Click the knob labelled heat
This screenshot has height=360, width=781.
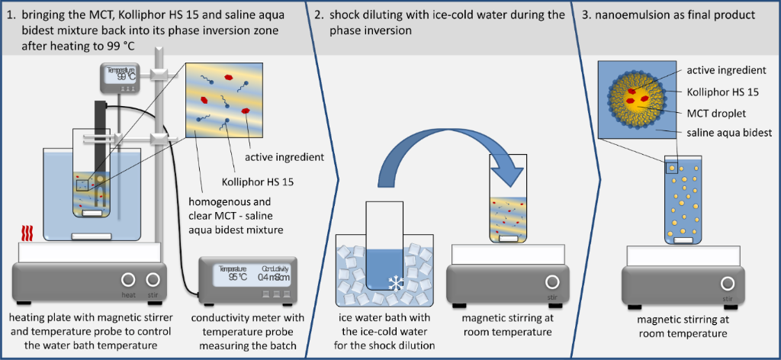(128, 280)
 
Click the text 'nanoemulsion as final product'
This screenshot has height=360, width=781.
(674, 14)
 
